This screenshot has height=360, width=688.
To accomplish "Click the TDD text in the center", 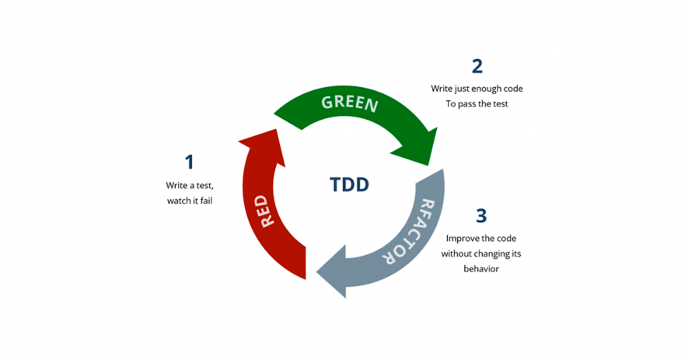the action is click(349, 184).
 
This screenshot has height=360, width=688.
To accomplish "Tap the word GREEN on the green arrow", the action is click(350, 103).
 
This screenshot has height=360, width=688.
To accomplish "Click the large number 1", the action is click(189, 162).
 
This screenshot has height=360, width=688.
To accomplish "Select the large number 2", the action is click(477, 66).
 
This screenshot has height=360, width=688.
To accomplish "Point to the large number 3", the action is click(481, 216).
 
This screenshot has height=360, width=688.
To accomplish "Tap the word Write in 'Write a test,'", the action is click(176, 185).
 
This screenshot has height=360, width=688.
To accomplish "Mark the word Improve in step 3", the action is click(462, 239).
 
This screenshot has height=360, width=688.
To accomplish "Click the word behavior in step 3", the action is click(481, 269).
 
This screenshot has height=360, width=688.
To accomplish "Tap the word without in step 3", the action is click(456, 253).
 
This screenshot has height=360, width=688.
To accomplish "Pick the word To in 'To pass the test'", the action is click(451, 103).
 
